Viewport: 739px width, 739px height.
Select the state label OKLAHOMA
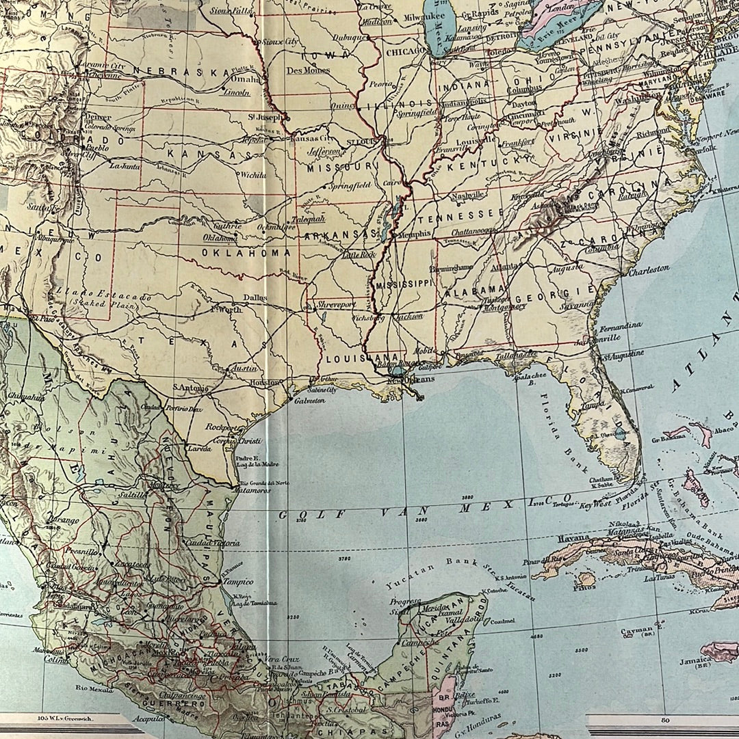(x=246, y=252)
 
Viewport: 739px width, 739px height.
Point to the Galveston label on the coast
(x=309, y=401)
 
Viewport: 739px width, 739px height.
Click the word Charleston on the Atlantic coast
(x=649, y=269)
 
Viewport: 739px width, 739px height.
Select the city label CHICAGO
(x=405, y=51)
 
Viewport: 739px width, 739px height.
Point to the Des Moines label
(x=308, y=70)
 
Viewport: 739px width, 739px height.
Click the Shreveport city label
(x=336, y=304)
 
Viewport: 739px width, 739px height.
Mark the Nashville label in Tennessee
(x=468, y=195)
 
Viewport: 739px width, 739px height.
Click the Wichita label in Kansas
(x=252, y=175)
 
